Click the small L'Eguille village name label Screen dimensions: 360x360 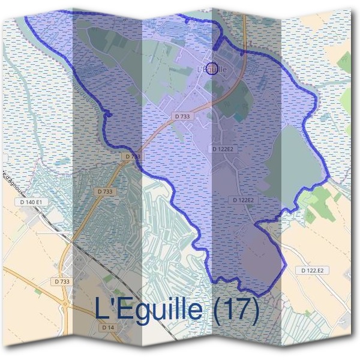[x=212, y=69]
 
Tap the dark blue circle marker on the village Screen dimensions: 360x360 [x=211, y=67]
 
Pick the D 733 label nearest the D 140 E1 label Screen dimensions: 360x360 [x=104, y=191]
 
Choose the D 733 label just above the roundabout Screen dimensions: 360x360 [x=62, y=281]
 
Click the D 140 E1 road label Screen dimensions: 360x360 [x=31, y=203]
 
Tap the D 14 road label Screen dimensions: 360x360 [x=108, y=328]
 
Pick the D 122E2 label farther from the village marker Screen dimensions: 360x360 [x=243, y=199]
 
